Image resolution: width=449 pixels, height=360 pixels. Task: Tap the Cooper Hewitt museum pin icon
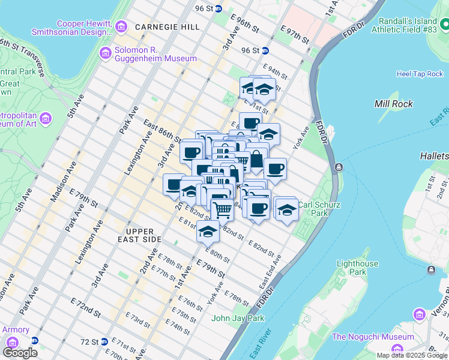click(x=122, y=26)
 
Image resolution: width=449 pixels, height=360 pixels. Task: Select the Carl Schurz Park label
click(x=321, y=209)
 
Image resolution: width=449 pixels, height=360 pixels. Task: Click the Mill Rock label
click(x=393, y=104)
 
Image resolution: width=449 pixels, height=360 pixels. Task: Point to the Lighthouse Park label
click(x=357, y=268)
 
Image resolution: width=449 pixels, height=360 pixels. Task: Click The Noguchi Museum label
click(x=372, y=337)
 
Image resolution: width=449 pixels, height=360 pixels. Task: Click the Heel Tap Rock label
click(x=419, y=74)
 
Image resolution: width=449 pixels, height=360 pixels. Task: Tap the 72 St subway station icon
click(x=103, y=341)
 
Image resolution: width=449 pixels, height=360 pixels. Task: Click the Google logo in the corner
click(x=20, y=353)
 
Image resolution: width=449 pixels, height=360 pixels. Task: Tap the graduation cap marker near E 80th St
click(x=208, y=230)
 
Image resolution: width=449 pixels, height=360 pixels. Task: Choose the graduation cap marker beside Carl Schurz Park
click(x=288, y=211)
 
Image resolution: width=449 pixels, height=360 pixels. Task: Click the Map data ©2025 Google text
click(x=412, y=355)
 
